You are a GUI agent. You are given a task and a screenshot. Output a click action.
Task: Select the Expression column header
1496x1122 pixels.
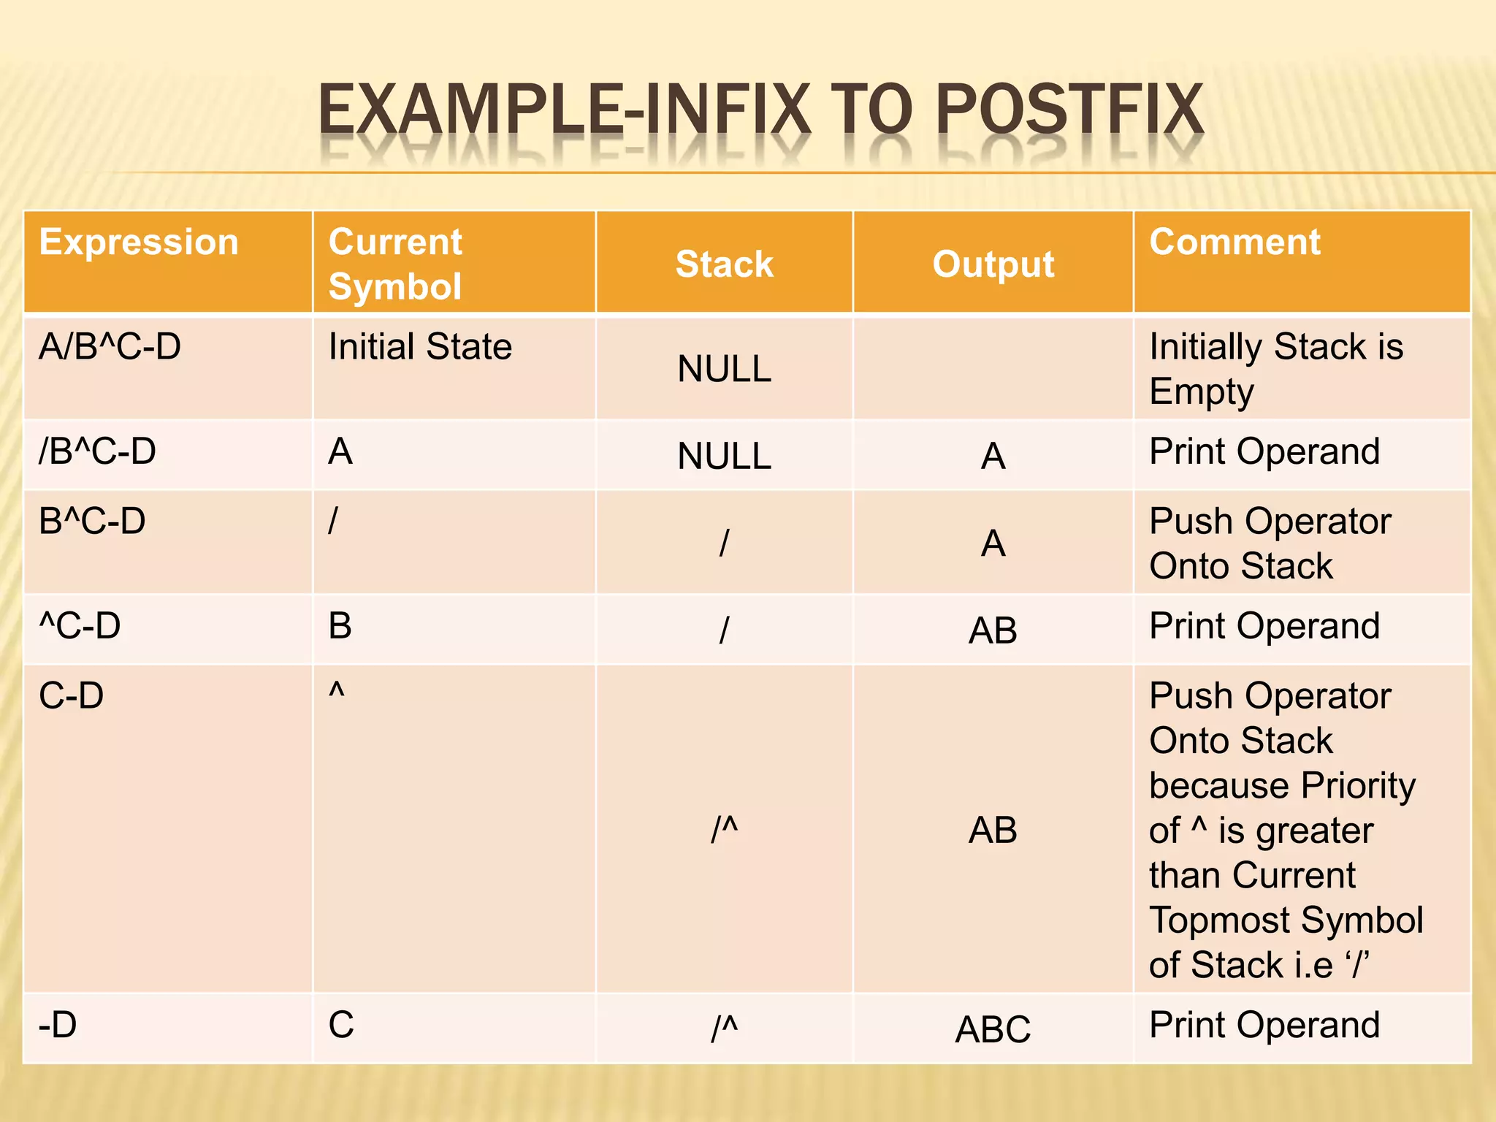[139, 242]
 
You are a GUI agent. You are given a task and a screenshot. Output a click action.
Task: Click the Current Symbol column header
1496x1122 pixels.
[395, 264]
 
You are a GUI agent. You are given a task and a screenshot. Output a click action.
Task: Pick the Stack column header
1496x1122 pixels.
[724, 264]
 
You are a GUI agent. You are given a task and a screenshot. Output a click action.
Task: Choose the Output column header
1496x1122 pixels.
[993, 264]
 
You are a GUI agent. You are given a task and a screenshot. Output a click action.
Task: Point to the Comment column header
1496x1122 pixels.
[1234, 242]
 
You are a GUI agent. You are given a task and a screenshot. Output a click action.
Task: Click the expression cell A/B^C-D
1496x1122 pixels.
[110, 346]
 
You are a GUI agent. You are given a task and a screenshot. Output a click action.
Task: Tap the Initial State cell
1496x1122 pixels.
[420, 346]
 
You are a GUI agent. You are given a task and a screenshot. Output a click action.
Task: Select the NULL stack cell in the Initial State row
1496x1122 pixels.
[724, 368]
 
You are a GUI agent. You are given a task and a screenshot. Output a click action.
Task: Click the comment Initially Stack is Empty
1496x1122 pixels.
[1275, 368]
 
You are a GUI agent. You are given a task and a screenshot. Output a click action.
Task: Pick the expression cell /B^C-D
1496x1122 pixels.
[97, 451]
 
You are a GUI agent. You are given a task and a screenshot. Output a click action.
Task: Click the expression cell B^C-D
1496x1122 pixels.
[92, 521]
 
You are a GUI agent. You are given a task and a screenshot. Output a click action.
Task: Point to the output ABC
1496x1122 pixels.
[993, 1029]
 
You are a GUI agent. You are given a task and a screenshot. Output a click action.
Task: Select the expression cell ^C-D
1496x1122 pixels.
[80, 626]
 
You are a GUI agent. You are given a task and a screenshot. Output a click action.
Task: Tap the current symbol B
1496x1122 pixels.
[340, 626]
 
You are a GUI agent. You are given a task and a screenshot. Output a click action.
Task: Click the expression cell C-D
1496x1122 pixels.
[71, 695]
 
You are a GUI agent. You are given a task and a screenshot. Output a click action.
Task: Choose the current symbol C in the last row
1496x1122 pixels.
[341, 1025]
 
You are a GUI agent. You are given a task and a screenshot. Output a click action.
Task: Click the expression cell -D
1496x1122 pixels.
[58, 1025]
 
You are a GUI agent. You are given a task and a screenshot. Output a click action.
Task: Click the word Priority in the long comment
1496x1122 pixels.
[1358, 786]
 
